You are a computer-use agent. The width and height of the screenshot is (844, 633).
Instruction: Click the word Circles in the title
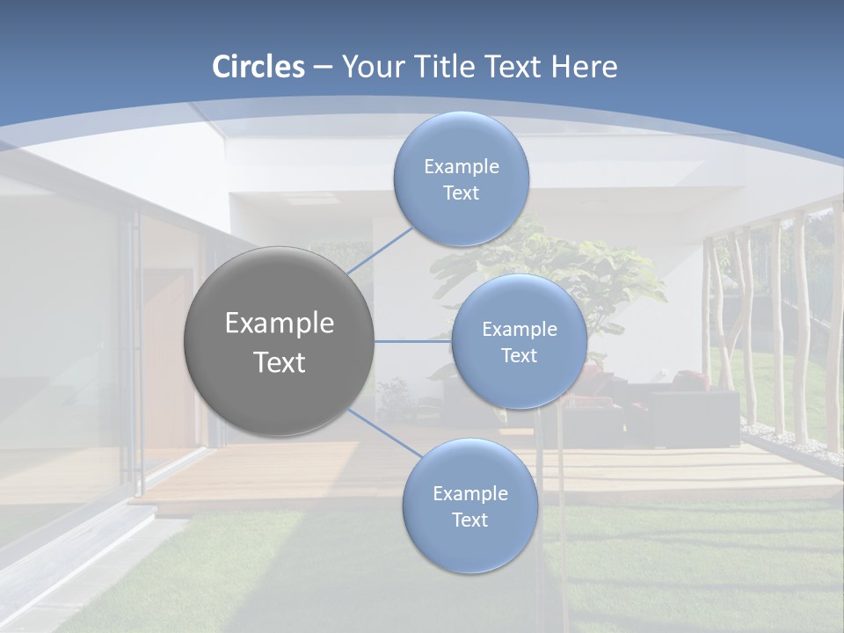258,67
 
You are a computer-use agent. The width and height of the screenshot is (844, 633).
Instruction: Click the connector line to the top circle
380,251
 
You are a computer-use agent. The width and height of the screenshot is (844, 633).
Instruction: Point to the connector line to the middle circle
413,341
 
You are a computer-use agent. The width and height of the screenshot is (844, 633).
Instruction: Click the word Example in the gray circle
280,324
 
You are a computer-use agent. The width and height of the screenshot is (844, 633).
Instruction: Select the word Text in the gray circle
280,362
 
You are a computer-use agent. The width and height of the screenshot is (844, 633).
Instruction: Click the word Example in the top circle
461,167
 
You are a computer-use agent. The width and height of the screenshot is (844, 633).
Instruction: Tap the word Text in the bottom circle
469,520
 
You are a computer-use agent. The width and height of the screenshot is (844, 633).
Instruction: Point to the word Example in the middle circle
519,330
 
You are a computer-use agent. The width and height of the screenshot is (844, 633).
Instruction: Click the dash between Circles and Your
323,68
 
